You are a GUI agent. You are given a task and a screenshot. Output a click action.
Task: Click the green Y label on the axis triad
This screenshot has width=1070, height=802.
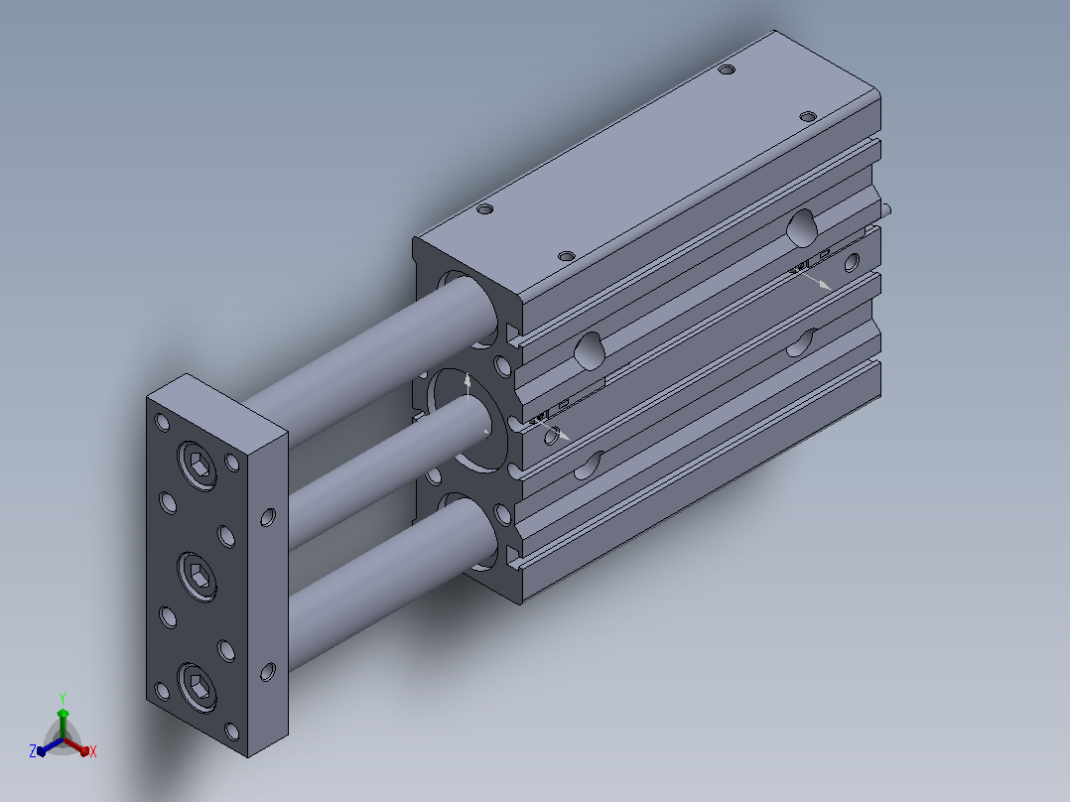63,698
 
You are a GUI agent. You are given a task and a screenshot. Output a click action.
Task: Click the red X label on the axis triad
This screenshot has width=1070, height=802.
93,751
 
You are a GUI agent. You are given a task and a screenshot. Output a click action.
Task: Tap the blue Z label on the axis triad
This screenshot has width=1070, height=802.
32,750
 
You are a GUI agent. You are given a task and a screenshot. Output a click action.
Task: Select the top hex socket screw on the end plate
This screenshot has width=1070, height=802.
198,466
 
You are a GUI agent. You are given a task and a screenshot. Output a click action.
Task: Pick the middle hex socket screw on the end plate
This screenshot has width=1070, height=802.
198,577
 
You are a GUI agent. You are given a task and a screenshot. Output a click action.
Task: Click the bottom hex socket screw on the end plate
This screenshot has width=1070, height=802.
198,687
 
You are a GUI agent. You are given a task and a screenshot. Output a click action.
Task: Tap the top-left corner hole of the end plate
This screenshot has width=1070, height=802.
163,423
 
